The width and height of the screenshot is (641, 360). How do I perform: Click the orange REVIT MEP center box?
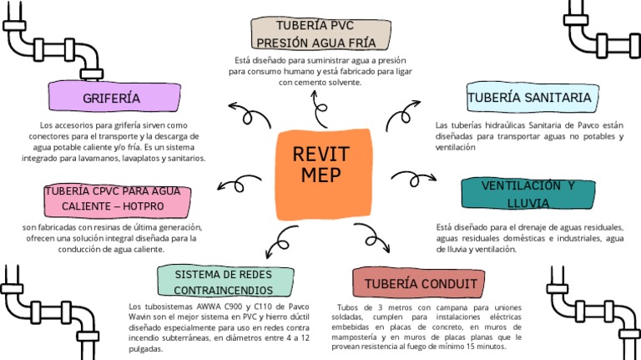click(x=323, y=175)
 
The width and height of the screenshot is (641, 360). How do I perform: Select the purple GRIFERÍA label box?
click(x=114, y=97)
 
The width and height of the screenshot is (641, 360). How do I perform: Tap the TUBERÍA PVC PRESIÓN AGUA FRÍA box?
click(x=320, y=34)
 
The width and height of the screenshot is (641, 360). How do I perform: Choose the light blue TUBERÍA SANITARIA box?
click(x=532, y=98)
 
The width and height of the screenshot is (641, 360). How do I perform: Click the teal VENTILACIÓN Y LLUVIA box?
click(x=528, y=194)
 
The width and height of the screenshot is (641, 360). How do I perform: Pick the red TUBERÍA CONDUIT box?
click(x=419, y=282)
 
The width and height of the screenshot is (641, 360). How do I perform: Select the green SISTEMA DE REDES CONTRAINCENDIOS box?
click(x=225, y=281)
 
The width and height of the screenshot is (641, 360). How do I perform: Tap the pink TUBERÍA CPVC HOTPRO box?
click(x=118, y=200)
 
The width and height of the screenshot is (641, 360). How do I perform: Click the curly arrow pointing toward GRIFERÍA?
click(x=249, y=116)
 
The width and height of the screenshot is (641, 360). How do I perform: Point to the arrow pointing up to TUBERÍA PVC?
click(x=320, y=109)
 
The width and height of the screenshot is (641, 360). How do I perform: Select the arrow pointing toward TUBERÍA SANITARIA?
click(x=402, y=114)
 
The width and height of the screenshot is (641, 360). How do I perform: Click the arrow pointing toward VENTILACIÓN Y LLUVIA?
click(x=414, y=179)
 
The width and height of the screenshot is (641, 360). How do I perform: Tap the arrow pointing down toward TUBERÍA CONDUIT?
click(x=373, y=238)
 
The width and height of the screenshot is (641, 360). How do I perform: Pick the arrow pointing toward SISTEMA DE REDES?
click(x=281, y=242)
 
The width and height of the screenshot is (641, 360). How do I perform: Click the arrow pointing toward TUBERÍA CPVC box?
click(x=239, y=184)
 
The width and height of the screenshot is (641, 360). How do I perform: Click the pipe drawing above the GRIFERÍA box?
click(x=53, y=42)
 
